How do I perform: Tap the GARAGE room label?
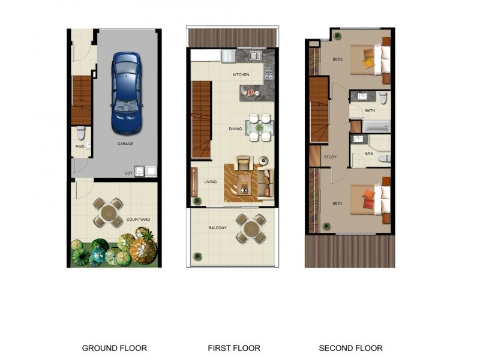tap(125, 144)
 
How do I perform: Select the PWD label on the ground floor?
tap(80, 146)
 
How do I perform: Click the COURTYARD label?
tap(138, 220)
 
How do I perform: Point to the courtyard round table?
tap(109, 212)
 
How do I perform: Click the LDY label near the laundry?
tap(128, 173)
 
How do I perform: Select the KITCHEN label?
tap(241, 75)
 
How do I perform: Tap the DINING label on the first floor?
tap(235, 128)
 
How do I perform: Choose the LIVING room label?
tap(210, 182)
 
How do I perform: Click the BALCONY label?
tap(217, 228)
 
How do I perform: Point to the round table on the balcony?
tap(250, 228)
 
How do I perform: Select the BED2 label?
tap(338, 59)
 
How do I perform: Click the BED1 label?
tap(338, 204)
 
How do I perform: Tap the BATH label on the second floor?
tap(370, 111)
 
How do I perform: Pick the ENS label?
tap(370, 153)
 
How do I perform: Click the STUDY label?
tap(330, 157)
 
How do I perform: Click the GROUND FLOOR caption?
tap(114, 348)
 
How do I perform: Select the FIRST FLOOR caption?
tap(234, 348)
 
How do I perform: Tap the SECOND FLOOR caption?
tap(350, 348)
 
